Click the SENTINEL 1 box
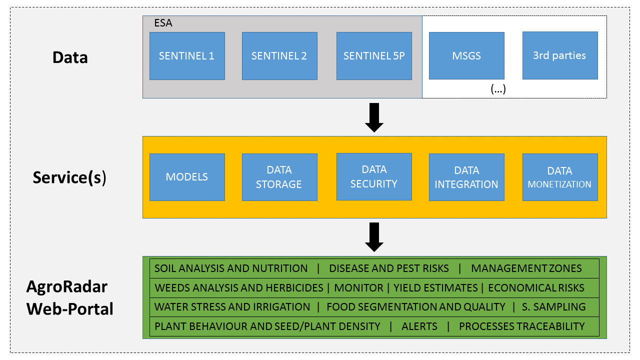187,56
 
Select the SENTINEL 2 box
279,56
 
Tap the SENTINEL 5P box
374,56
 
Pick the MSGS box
466,55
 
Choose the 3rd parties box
560,55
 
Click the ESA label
163,23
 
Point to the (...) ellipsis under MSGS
498,89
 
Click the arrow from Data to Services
374,117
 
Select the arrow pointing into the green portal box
374,237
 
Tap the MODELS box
187,177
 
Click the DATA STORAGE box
279,177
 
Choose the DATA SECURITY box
374,177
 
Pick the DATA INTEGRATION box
466,177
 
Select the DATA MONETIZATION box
560,177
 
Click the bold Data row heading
70,57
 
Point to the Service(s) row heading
69,177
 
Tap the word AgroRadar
67,286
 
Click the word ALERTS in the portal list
419,326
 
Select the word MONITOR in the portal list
359,287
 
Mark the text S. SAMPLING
553,307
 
